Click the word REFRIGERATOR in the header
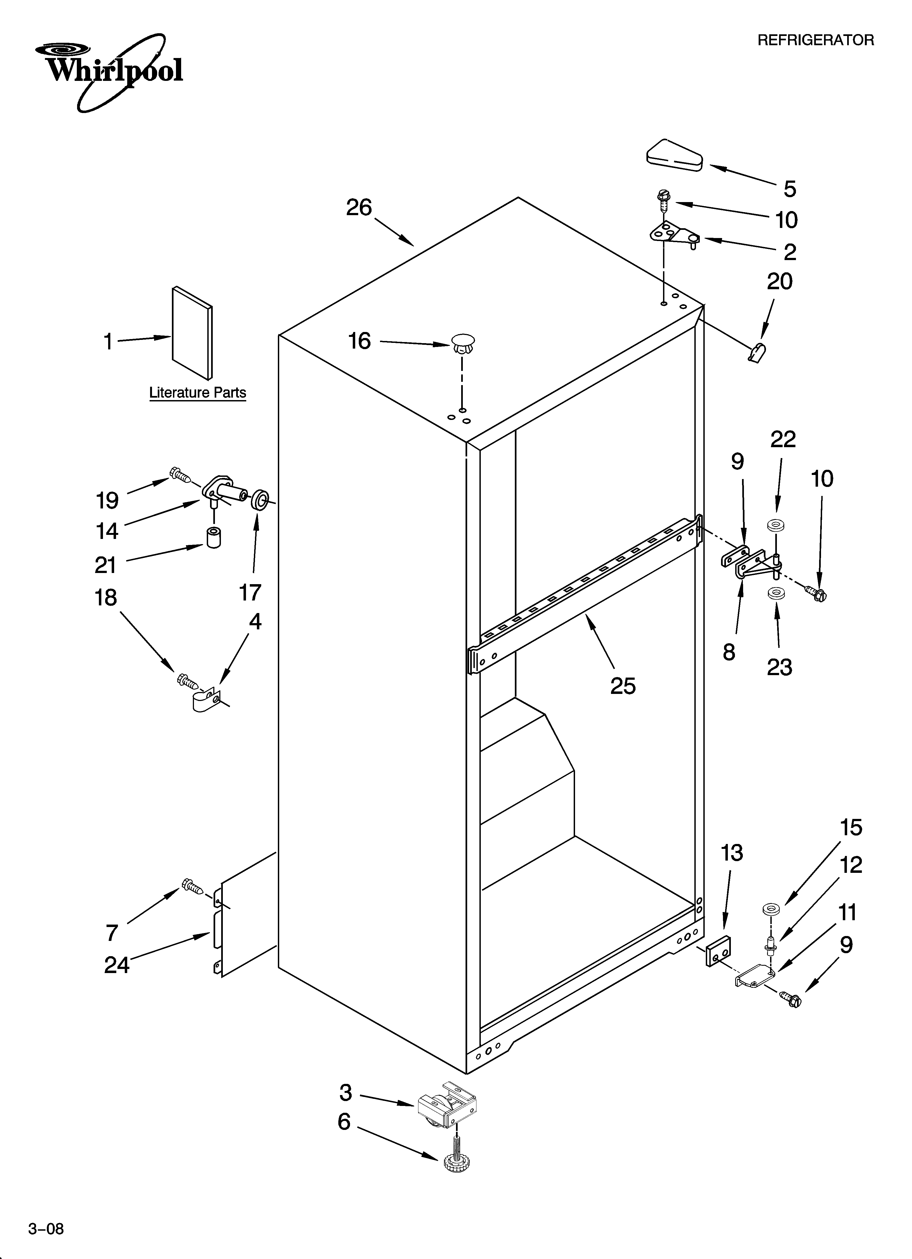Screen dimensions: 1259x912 tap(815, 40)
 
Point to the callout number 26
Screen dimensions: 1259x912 tap(359, 208)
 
